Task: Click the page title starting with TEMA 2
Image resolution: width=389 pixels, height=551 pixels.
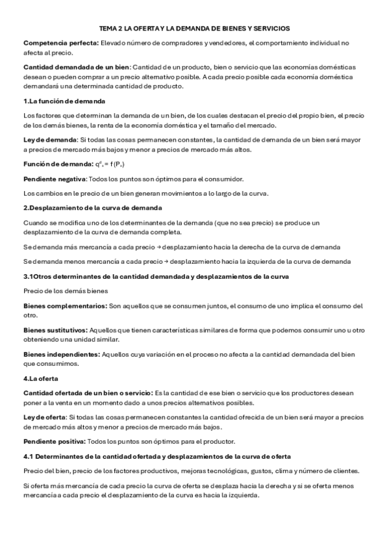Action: pyautogui.click(x=194, y=29)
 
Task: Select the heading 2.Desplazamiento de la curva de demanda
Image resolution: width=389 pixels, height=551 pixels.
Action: pyautogui.click(x=92, y=207)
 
